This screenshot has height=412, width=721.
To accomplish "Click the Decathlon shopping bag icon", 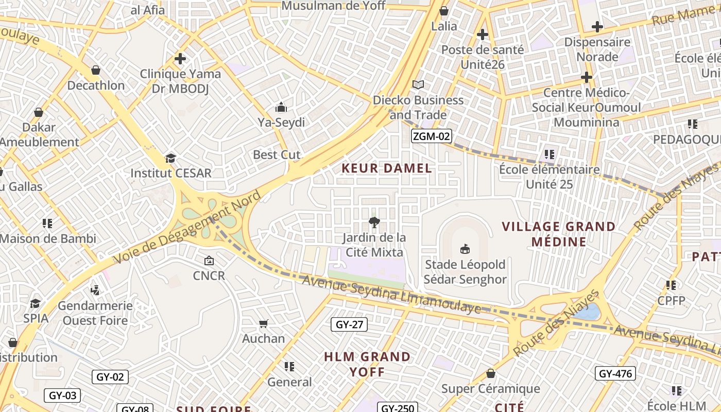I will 95,70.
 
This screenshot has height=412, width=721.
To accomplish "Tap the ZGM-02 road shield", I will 432,136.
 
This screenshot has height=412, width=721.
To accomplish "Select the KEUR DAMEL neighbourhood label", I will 387,168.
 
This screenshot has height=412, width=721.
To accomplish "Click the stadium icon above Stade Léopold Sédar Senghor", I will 465,249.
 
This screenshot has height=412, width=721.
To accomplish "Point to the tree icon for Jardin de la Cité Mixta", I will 374,222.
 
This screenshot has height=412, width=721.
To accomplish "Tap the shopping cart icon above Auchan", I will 263,323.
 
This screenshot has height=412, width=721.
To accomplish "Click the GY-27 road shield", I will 349,324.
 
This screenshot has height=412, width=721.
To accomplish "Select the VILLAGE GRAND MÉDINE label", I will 559,234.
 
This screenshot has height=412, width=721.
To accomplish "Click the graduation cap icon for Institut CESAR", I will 170,158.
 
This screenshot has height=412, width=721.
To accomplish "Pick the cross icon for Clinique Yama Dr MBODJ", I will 180,59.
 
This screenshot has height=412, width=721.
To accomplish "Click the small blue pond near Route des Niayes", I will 589,312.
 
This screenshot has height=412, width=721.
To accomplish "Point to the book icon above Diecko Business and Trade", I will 418,84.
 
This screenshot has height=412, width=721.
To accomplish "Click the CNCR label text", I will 209,276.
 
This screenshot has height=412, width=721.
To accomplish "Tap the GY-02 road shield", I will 110,376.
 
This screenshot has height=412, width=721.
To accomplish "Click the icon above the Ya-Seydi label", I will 281,107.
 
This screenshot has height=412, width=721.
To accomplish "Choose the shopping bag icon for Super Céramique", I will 490,373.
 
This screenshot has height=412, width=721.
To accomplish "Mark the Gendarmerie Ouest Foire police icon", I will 95,290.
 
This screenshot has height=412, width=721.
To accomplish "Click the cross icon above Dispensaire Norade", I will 597,26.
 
